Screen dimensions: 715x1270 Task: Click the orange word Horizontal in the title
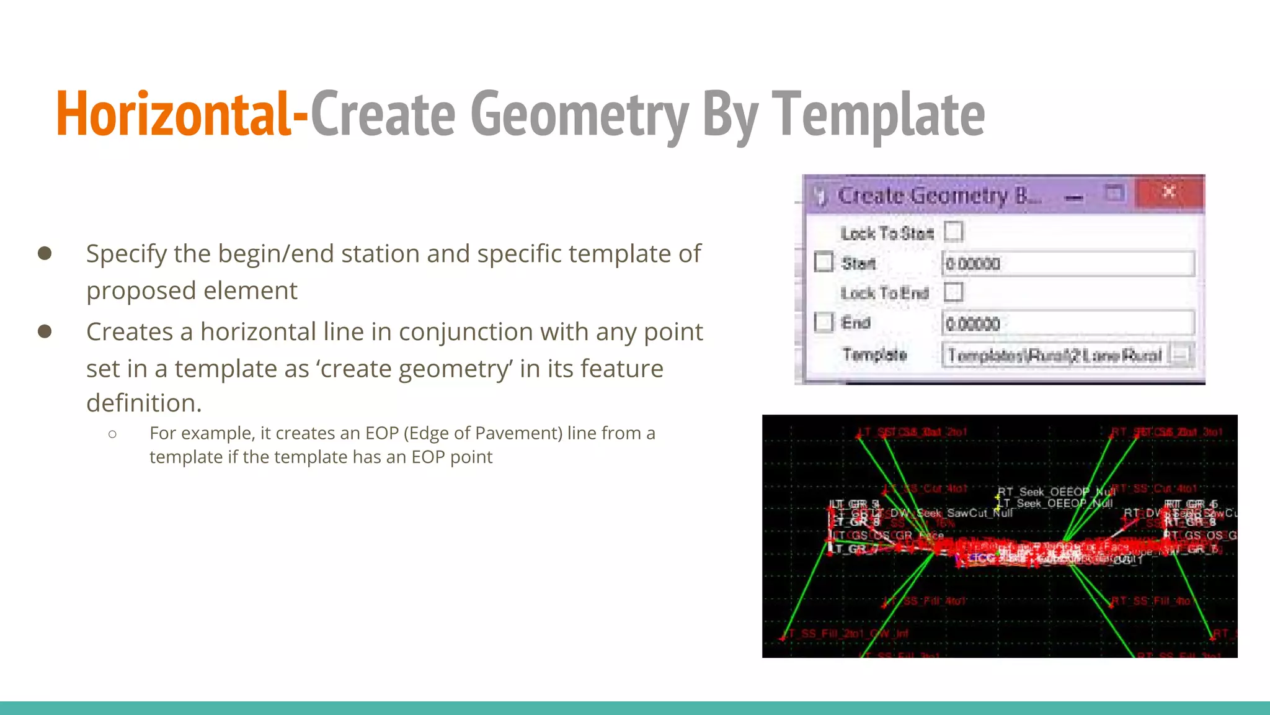[x=172, y=114]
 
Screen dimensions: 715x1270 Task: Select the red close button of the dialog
[x=1169, y=192]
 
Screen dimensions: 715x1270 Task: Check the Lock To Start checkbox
[x=954, y=232]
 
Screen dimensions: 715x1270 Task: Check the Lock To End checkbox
[x=954, y=292]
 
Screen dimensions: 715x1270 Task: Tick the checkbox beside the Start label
[x=824, y=262]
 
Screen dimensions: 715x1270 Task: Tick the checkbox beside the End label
[x=824, y=322]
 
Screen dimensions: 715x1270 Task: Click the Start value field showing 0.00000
[x=1067, y=264]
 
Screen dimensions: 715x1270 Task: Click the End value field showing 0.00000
[x=1067, y=323]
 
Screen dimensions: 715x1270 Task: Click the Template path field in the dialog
[x=1054, y=355]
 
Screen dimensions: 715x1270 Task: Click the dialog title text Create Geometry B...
[x=939, y=196]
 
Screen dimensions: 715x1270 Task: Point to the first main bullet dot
[x=45, y=253]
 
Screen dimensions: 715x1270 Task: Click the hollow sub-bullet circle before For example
[x=112, y=434]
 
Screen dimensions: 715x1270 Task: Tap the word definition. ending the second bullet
[x=144, y=403]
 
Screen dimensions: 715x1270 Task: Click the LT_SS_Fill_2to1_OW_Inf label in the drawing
[x=846, y=634]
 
